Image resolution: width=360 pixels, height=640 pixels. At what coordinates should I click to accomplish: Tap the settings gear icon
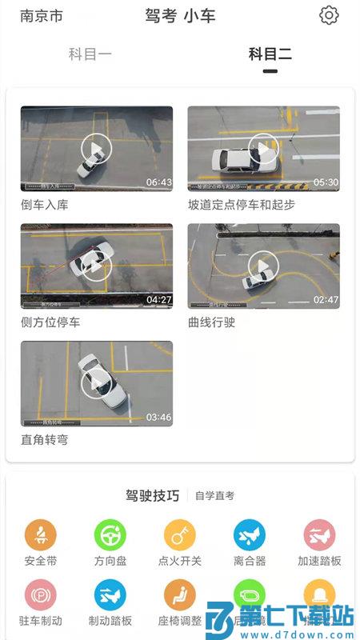point(329,15)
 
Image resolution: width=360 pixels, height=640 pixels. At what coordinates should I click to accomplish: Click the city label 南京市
point(42,16)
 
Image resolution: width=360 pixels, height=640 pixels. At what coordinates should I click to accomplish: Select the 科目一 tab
point(90,54)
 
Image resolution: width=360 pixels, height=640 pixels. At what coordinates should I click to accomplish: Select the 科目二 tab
point(270,54)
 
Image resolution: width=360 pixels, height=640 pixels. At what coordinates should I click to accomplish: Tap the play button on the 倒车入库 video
point(96,148)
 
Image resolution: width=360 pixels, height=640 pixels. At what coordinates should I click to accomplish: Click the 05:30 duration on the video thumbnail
point(326,182)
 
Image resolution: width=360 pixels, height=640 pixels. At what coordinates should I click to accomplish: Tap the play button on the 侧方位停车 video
point(96,266)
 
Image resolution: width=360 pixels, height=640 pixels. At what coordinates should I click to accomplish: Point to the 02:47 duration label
point(326,300)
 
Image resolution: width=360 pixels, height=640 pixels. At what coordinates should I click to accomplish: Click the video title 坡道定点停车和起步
point(242,205)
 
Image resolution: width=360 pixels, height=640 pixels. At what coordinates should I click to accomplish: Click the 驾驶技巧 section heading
point(152,496)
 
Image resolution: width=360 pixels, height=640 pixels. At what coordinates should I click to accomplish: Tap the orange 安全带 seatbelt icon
point(41,534)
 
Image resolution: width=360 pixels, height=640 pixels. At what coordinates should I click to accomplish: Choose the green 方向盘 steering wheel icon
point(110,534)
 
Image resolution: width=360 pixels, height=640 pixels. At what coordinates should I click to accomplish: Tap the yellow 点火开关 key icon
point(180,534)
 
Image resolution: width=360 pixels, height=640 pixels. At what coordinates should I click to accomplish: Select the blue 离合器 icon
point(250,534)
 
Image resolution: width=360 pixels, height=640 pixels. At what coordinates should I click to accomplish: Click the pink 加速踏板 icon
point(319,534)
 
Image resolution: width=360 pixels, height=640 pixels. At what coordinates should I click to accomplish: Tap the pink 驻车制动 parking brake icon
point(41,595)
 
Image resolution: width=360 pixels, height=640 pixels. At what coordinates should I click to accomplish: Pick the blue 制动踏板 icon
point(110,595)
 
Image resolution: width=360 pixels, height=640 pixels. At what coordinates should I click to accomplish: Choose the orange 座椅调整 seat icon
point(180,595)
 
